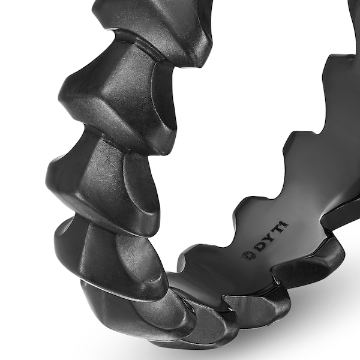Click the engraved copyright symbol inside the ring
point(248,254)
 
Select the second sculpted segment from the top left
point(117,96)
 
